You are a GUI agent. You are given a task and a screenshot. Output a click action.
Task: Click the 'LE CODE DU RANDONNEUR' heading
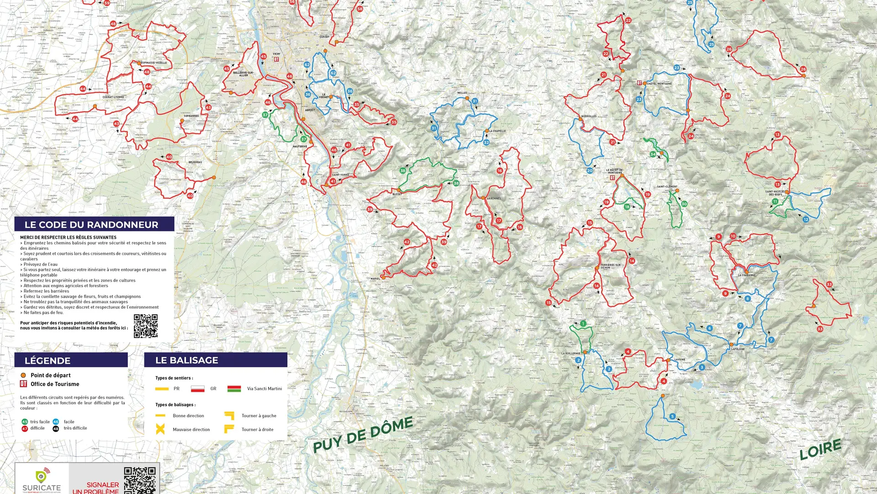click(x=91, y=225)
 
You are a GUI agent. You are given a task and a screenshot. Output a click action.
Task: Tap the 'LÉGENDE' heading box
click(x=48, y=360)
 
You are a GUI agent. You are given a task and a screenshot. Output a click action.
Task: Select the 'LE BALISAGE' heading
click(x=187, y=360)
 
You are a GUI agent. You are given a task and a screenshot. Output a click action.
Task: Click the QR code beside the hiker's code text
click(x=146, y=326)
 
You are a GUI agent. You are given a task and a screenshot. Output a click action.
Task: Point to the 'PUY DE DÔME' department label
click(x=363, y=434)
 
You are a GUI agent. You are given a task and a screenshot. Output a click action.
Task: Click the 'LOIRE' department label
click(x=820, y=449)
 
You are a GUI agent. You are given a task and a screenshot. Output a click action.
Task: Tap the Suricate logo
click(x=42, y=479)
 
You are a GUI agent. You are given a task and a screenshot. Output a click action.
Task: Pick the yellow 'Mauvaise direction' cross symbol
click(x=160, y=429)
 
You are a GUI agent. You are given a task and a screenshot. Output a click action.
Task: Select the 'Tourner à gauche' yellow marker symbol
click(x=229, y=415)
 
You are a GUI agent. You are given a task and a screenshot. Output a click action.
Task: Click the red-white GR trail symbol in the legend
click(x=198, y=389)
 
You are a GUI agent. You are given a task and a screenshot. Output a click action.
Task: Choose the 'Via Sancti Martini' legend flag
click(x=234, y=389)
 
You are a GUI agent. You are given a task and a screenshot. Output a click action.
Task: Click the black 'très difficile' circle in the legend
click(x=56, y=429)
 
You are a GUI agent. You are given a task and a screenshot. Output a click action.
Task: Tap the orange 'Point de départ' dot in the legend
click(x=23, y=375)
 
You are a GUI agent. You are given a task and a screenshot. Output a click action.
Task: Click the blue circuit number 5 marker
click(x=672, y=416)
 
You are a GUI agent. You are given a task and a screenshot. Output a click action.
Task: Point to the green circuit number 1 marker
click(x=583, y=323)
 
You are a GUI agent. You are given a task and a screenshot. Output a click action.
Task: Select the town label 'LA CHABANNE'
click(x=747, y=275)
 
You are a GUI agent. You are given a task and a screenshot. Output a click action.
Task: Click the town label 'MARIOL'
click(x=375, y=279)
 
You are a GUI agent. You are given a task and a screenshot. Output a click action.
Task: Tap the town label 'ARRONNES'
click(x=494, y=199)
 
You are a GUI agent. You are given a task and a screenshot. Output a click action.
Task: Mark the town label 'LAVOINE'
click(x=680, y=360)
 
